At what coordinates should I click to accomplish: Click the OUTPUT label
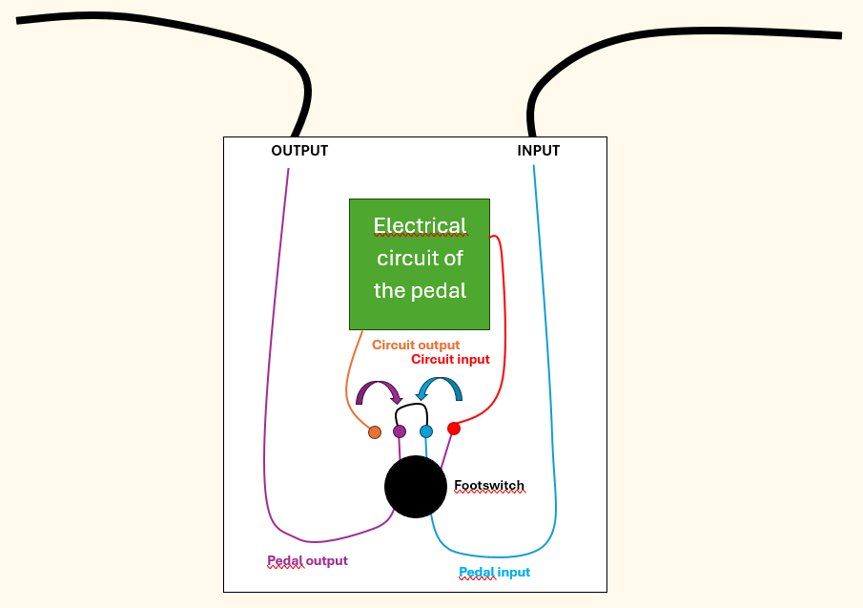click(x=299, y=151)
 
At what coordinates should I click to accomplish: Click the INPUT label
click(x=538, y=151)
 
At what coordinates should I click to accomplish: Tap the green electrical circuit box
click(x=420, y=264)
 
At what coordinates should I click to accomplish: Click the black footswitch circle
click(x=416, y=487)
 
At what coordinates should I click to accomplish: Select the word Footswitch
click(x=489, y=485)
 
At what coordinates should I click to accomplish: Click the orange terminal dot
click(x=375, y=432)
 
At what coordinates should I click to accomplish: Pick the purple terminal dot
click(x=400, y=431)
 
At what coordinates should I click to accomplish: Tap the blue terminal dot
click(x=426, y=431)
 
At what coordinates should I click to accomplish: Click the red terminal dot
click(x=454, y=429)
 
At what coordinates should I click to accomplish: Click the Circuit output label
click(x=416, y=345)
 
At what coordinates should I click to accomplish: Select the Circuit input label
click(x=450, y=359)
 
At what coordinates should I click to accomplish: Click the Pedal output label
click(x=307, y=560)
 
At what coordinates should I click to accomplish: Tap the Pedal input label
click(x=494, y=572)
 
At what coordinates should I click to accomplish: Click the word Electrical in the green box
click(x=420, y=225)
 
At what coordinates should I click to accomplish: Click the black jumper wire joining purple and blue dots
click(x=412, y=406)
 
